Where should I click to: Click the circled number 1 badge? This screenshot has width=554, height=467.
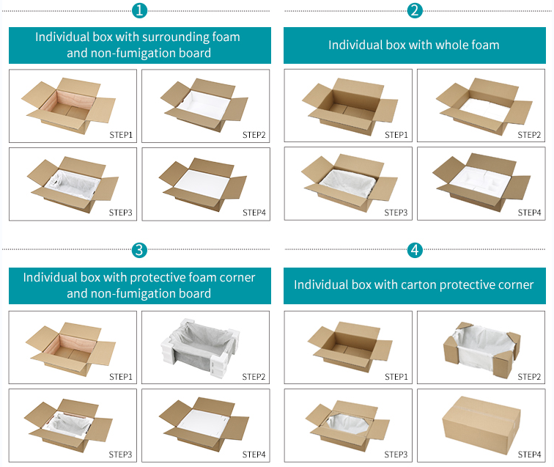coord(139,10)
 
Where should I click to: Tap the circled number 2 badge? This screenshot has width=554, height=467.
coord(415,10)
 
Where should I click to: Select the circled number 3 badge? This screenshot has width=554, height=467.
coord(139,250)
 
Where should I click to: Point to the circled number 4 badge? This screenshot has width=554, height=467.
coord(415,250)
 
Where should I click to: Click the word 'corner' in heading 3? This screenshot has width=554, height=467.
coord(237,278)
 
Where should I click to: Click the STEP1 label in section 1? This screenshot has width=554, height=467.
coord(121,135)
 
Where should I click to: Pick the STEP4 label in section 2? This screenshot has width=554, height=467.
coord(529,213)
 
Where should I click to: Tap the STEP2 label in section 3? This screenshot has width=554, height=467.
coord(254,377)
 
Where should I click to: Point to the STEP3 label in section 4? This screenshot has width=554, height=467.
coord(396,455)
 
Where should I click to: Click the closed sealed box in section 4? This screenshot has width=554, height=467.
coord(481,424)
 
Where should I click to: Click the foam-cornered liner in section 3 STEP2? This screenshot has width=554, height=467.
coord(200,348)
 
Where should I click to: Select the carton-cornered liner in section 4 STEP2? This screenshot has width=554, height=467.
coord(482,349)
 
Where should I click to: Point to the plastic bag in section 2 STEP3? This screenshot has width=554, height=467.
coord(348,184)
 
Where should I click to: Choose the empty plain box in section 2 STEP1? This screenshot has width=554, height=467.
coord(350,107)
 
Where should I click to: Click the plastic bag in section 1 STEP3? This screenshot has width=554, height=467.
coord(73,185)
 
